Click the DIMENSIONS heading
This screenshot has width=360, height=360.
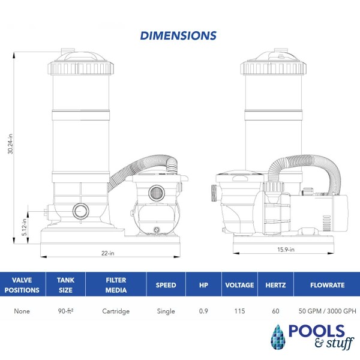pyautogui.click(x=178, y=35)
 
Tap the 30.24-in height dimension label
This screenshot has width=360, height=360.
pyautogui.click(x=10, y=144)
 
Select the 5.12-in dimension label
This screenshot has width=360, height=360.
pyautogui.click(x=25, y=227)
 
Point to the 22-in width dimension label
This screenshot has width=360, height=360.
pyautogui.click(x=107, y=253)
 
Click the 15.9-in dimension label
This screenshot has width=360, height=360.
pyautogui.click(x=286, y=250)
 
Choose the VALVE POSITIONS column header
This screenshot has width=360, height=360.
pyautogui.click(x=22, y=285)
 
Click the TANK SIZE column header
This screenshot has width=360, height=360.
pyautogui.click(x=65, y=285)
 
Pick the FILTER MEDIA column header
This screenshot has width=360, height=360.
pyautogui.click(x=116, y=285)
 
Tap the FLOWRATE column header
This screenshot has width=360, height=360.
pyautogui.click(x=328, y=285)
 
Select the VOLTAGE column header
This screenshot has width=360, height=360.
pyautogui.click(x=239, y=285)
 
